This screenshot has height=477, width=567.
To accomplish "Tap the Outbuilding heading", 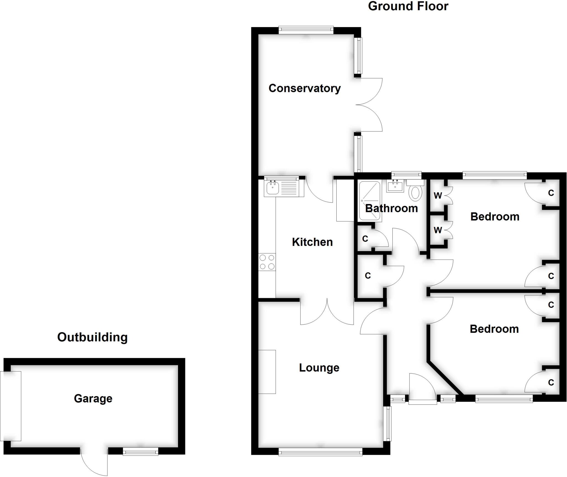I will click(92, 337).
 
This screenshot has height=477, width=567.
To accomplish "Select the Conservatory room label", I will click(305, 88).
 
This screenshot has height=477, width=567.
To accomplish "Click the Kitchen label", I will click(312, 242).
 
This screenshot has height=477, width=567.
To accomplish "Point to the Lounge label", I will click(319, 368).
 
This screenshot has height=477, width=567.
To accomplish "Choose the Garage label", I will click(93, 398).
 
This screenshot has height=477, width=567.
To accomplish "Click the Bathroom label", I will click(391, 208).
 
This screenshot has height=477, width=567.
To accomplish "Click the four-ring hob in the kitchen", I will click(267, 262).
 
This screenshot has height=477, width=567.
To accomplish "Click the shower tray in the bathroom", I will click(370, 201).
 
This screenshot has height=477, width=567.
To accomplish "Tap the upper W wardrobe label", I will click(438, 195).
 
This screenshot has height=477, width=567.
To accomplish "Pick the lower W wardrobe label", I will click(438, 230).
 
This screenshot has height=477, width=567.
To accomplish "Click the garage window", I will click(141, 453).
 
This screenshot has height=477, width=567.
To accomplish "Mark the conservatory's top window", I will click(306, 30).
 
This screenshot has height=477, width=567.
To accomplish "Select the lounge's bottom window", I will click(320, 453).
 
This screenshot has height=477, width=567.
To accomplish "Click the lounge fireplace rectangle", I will click(267, 372).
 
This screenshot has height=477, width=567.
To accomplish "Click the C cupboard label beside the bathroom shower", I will click(365, 239).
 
